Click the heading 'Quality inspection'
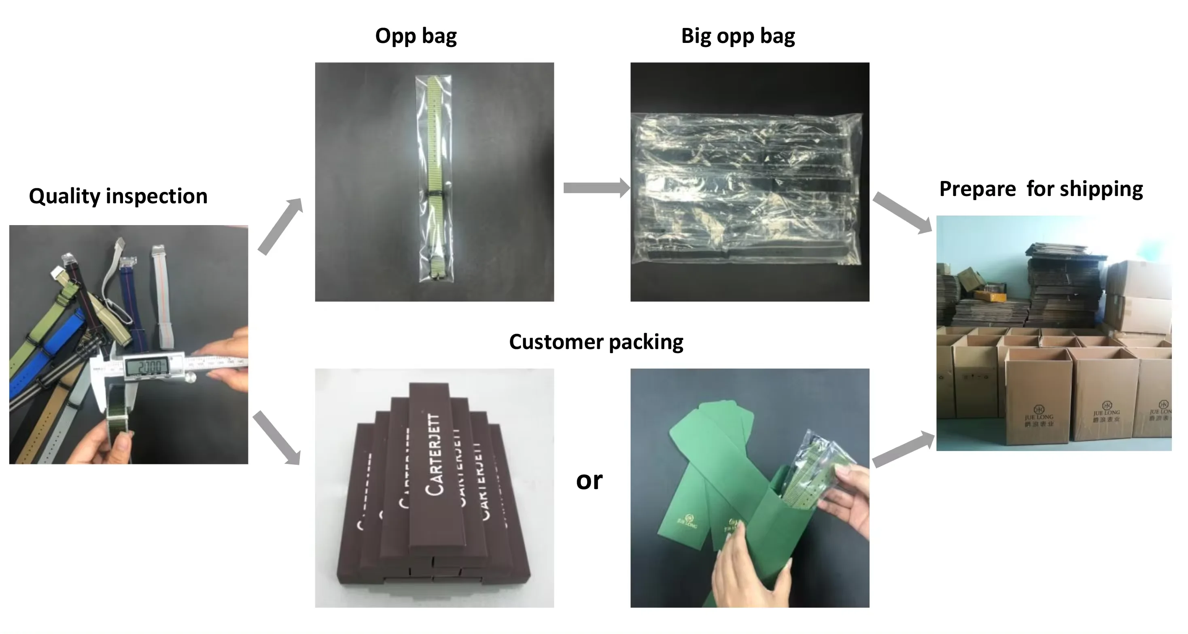pos(118,196)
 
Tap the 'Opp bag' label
pos(416,36)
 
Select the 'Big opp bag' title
pos(738,36)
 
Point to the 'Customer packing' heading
pos(596,342)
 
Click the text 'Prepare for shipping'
pos(1041,189)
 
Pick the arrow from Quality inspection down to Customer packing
pos(277,437)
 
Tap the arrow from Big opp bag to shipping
pos(902,212)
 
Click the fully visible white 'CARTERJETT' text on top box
pos(435,455)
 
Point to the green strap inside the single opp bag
pos(435,138)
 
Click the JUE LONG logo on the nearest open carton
pos(1039,416)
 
